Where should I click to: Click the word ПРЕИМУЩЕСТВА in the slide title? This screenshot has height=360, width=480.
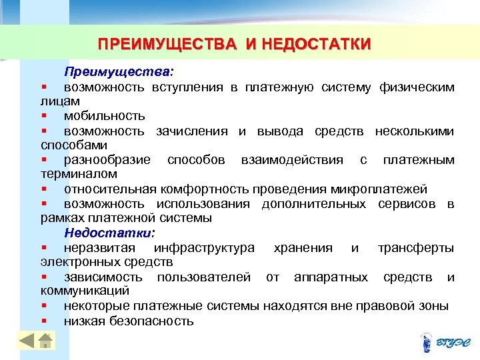(166, 45)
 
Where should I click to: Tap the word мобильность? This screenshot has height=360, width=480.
(104, 116)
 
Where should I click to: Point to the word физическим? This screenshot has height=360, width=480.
(417, 87)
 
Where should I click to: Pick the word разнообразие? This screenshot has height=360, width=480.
(107, 160)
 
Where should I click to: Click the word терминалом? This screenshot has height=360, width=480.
(71, 174)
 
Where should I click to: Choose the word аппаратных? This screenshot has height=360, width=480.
(331, 277)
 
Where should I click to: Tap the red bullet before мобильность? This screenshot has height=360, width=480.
(43, 116)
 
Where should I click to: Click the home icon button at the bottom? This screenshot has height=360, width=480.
(45, 342)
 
